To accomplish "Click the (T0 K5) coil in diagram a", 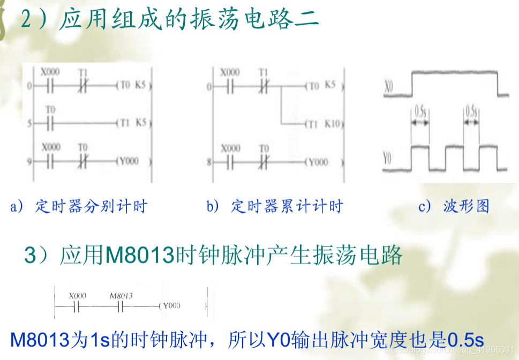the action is tap(131, 85).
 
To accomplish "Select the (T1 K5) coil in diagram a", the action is tap(131, 123).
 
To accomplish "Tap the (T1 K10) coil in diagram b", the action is tap(322, 124).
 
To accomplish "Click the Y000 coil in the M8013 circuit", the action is tap(170, 306).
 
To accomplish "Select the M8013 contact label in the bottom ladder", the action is tap(121, 296).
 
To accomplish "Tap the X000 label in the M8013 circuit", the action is tap(77, 296).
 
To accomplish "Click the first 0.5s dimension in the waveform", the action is tap(420, 112).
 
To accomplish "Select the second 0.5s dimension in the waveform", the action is tap(471, 112).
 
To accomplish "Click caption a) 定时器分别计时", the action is tap(79, 206).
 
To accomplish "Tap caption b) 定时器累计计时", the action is tap(275, 206).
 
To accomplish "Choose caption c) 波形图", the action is tap(454, 206).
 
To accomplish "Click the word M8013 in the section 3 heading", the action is tap(140, 256).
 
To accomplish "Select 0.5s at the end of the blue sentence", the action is tap(465, 339).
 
